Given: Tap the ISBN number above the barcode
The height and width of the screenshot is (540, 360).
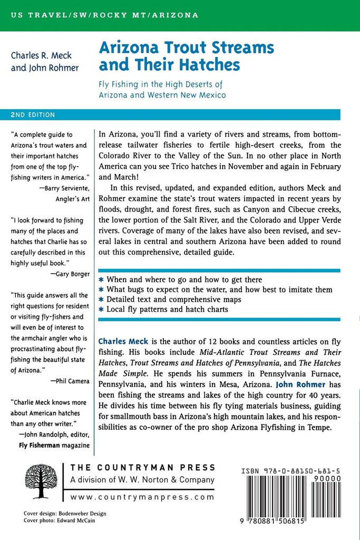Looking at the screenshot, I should (x=290, y=468).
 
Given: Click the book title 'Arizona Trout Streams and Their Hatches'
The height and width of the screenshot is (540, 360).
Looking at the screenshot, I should (x=187, y=55).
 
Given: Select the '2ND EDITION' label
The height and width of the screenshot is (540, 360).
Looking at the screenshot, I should (x=33, y=114).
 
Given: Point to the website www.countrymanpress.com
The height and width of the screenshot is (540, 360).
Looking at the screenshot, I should (x=142, y=497).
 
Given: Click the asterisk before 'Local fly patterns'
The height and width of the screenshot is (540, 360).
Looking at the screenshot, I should (x=101, y=310).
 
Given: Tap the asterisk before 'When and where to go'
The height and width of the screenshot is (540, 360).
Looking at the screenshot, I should (x=101, y=279).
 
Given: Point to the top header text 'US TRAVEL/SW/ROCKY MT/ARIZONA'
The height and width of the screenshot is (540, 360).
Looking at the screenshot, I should (x=104, y=15).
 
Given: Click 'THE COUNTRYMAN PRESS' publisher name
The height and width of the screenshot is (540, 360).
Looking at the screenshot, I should (x=143, y=467).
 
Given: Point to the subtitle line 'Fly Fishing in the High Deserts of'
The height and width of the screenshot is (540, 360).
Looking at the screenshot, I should (x=161, y=84).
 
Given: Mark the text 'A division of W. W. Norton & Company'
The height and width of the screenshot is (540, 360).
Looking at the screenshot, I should (x=142, y=480).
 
